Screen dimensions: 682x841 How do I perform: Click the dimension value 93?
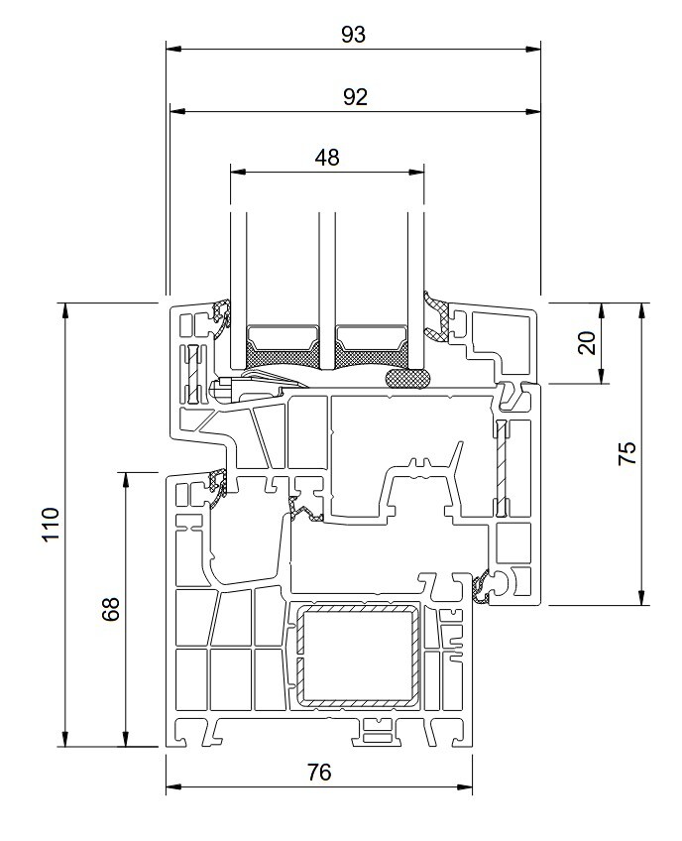pos(353,35)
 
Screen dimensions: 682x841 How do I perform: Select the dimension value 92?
pos(355,97)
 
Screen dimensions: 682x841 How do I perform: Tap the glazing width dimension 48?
pos(327,158)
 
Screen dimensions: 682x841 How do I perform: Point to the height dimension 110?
pos(51,524)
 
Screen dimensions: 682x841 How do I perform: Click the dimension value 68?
pos(111,609)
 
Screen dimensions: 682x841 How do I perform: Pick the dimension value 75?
pos(627,453)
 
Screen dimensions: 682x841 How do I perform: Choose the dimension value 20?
pos(587,343)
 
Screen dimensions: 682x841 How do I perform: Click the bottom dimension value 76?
pos(319,773)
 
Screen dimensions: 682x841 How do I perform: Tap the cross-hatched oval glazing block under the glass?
pos(407,378)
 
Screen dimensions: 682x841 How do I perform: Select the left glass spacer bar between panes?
pos(283,346)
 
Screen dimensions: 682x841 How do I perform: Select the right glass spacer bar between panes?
pos(370,346)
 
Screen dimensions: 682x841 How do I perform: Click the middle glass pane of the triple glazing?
pos(326,290)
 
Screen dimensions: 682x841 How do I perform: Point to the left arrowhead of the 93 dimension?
pos(173,50)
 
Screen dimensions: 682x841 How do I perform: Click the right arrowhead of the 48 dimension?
pos(416,173)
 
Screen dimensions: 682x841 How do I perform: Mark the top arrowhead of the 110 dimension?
pos(65,310)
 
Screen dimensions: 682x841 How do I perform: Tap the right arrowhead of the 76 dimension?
pos(464,787)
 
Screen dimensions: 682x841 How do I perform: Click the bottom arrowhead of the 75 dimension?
pos(641,597)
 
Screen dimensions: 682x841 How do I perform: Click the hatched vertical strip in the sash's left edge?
pos(192,374)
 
